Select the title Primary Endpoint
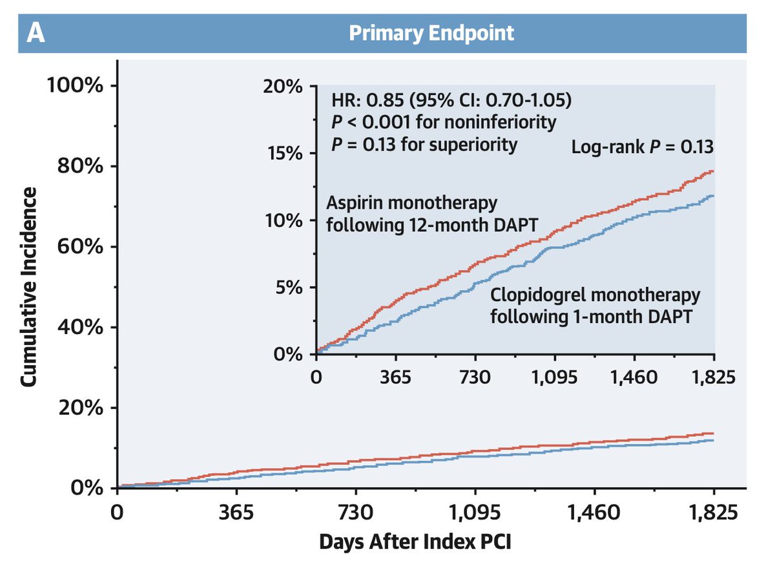(431, 34)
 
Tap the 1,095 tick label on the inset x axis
(555, 377)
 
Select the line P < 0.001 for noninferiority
(443, 123)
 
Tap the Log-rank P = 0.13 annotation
(642, 147)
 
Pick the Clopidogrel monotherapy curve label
(594, 306)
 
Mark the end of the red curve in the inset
(713, 171)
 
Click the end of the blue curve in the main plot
(713, 440)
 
